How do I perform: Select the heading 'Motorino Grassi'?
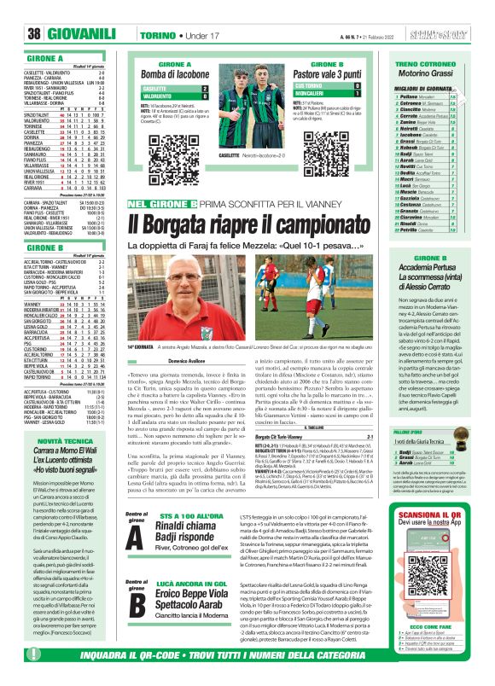click(x=435, y=74)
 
